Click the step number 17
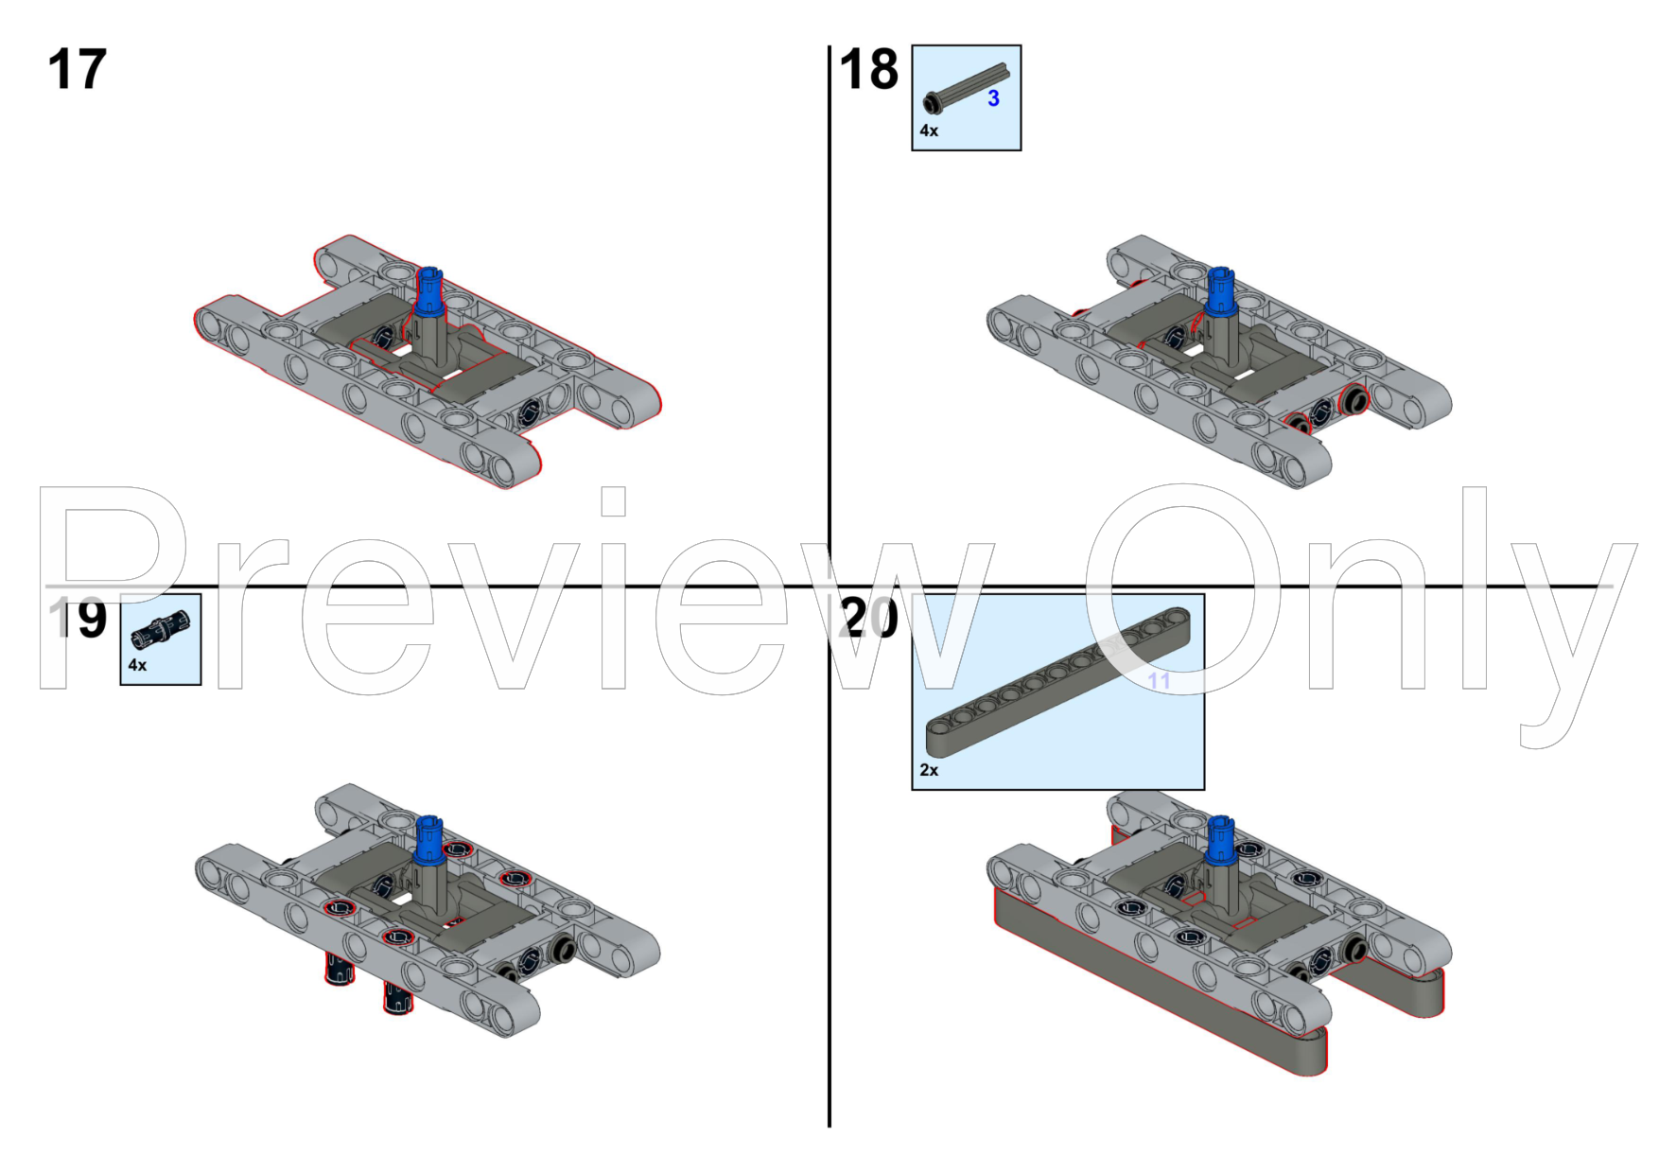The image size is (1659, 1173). (x=77, y=70)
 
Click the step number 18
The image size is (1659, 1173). (x=868, y=70)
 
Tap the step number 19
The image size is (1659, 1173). (x=79, y=619)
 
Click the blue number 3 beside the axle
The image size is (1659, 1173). (x=993, y=98)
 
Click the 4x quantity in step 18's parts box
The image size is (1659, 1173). (x=929, y=131)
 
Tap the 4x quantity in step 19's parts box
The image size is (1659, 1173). (x=137, y=665)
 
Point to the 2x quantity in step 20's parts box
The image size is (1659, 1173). (x=929, y=770)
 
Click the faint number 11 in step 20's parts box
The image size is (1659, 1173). (x=1159, y=681)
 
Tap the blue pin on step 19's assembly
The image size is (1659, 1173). (x=429, y=838)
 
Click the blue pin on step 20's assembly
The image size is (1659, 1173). (x=1221, y=838)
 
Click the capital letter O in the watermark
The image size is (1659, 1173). (x=1182, y=586)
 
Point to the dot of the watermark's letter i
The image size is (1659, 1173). (x=613, y=501)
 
